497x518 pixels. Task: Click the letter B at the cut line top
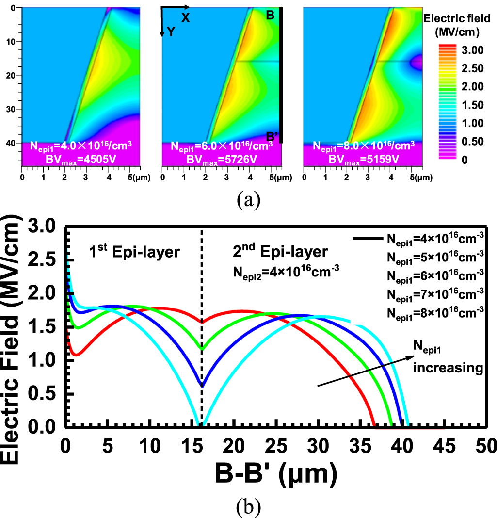(270, 16)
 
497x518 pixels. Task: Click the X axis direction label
(185, 18)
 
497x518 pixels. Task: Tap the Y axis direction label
(171, 32)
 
